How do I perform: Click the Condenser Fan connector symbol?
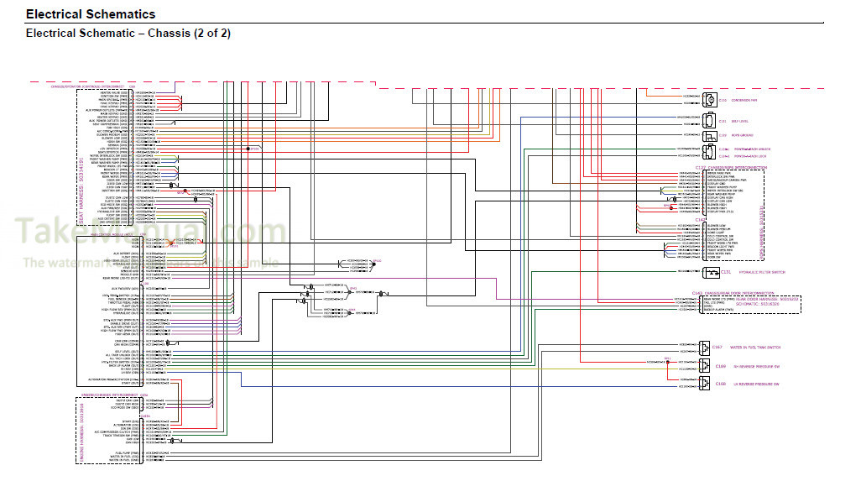710,100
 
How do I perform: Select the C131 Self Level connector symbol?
710,121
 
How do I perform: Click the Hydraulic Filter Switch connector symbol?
710,272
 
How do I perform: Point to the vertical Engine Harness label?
81,428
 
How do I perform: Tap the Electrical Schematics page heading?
91,14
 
